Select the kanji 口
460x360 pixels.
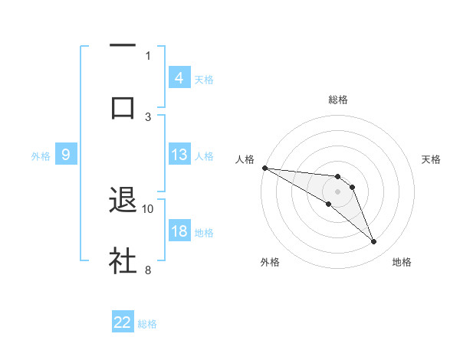click(123, 106)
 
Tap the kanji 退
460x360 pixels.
click(123, 201)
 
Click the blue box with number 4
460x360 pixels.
click(179, 78)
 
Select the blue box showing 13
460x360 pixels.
click(179, 155)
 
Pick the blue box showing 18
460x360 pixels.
click(179, 232)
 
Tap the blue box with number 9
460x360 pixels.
click(66, 155)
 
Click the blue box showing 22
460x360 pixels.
click(123, 322)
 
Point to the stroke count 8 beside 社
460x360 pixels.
click(148, 270)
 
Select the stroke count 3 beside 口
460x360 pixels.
click(148, 116)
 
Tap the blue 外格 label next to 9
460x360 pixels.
click(41, 155)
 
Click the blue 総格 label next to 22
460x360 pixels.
click(147, 324)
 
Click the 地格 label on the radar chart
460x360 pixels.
click(402, 262)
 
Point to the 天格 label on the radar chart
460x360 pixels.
click(432, 159)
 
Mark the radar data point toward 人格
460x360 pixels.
click(264, 167)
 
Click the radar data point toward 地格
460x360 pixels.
click(374, 242)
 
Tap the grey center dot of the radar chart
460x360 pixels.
click(337, 191)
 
